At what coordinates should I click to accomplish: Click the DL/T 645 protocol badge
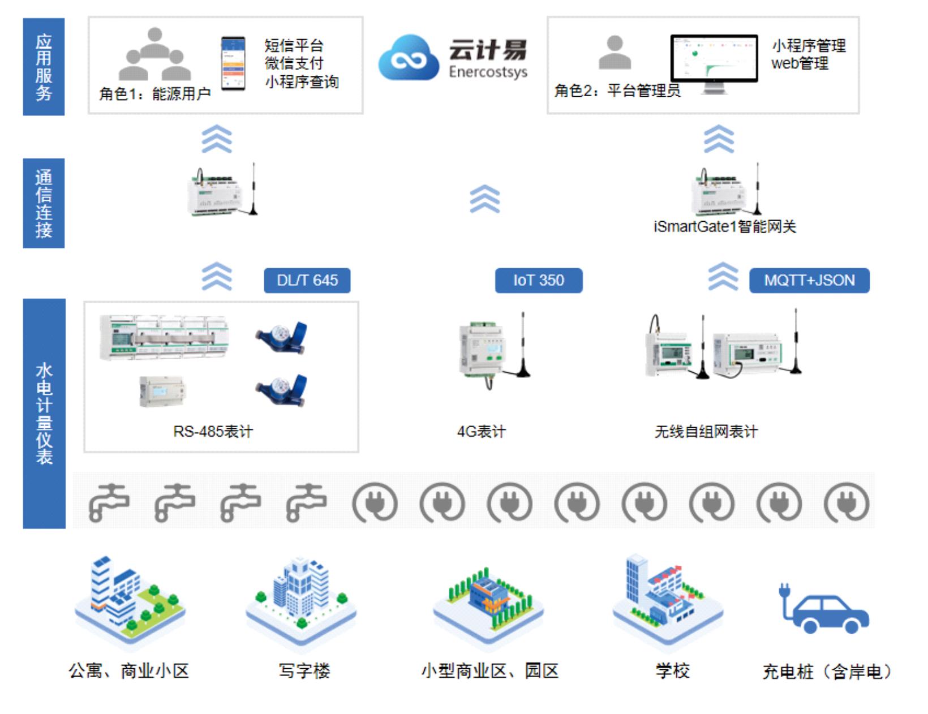point(307,280)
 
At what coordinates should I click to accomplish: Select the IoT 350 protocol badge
point(538,280)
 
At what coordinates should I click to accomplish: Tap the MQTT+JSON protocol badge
point(809,280)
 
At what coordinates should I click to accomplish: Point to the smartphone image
point(233,63)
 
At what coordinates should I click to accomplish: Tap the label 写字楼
point(304,671)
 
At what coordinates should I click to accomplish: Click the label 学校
point(672,671)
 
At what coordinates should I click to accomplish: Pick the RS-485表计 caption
point(213,432)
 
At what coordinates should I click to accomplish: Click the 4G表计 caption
point(481,432)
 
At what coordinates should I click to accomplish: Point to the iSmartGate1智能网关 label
point(724,227)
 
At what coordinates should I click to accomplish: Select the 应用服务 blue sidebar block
point(44,67)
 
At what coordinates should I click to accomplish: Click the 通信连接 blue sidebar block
point(44,203)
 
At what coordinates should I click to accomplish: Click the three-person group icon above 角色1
point(154,54)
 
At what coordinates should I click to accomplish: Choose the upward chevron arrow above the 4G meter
point(485,199)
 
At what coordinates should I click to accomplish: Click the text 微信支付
point(294,63)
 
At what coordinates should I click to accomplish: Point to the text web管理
point(799,63)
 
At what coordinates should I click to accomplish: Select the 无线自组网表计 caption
point(706,432)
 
